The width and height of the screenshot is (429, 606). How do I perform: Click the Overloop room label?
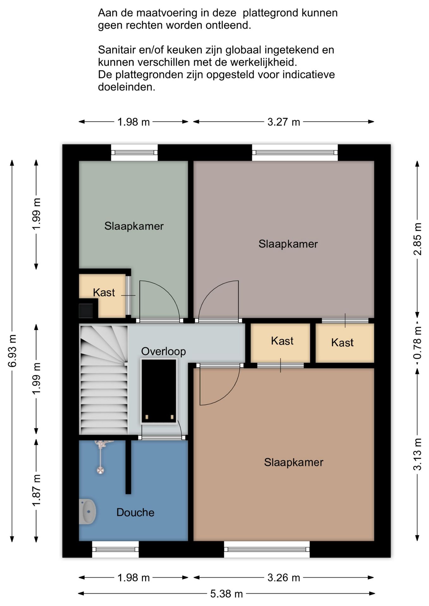(x=163, y=351)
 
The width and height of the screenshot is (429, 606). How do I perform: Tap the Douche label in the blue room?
(x=135, y=512)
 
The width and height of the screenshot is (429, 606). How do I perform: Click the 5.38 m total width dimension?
(x=227, y=594)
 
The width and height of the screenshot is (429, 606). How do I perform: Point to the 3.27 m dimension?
(x=284, y=122)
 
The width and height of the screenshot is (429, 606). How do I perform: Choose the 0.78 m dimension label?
(x=417, y=342)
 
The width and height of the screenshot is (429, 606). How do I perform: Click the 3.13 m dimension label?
(x=417, y=454)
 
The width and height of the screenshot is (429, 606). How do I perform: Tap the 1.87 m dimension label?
(x=36, y=490)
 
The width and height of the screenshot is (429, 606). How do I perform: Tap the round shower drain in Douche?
(x=100, y=470)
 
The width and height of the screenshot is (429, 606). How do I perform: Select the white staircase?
(x=104, y=380)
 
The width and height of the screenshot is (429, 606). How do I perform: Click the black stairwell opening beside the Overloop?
(x=159, y=391)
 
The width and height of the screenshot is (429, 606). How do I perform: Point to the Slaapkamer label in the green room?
(x=134, y=226)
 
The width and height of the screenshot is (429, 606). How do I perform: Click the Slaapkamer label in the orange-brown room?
(x=294, y=462)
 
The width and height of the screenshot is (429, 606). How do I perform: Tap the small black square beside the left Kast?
(x=86, y=311)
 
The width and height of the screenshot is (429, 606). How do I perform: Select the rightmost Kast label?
(x=342, y=342)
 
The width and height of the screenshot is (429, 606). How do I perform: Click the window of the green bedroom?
(x=134, y=153)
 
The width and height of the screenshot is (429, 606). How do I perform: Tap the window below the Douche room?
(x=115, y=550)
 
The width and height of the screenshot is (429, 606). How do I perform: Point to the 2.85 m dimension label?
(x=417, y=239)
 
